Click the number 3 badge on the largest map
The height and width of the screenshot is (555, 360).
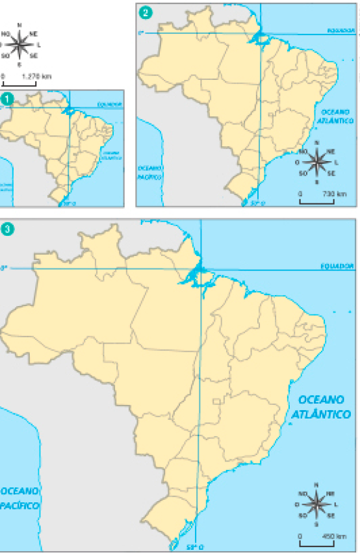(8, 229)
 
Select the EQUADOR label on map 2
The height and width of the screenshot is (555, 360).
(342, 30)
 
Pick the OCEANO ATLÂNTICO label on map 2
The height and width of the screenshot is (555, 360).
(336, 117)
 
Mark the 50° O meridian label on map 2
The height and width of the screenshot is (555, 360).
(257, 202)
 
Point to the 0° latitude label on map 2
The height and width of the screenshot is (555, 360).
(140, 31)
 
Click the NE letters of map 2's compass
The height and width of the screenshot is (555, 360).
(331, 151)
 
